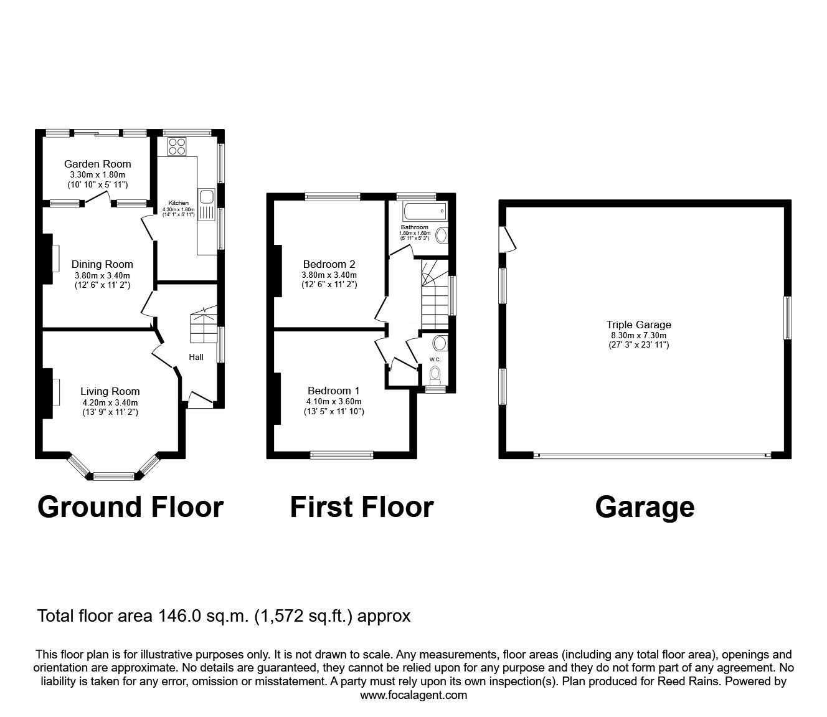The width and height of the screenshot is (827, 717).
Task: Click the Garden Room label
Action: click(x=98, y=164)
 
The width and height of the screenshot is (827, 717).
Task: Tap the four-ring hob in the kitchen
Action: click(x=177, y=146)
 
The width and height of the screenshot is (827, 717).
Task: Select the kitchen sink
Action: click(x=206, y=197)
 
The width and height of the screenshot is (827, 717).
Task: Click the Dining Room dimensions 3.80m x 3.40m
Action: click(x=102, y=275)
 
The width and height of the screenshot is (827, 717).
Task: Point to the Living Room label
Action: click(x=110, y=391)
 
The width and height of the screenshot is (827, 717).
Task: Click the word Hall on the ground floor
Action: click(x=196, y=357)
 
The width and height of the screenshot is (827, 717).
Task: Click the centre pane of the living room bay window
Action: click(x=113, y=477)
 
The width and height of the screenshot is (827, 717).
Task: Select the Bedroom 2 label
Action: click(x=329, y=263)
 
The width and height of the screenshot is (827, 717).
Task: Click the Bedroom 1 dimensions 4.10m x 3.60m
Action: click(x=334, y=401)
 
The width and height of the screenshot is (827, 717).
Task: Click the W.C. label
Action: click(x=435, y=359)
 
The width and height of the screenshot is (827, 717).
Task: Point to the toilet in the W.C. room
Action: click(x=435, y=374)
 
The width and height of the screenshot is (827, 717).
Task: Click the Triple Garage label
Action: click(x=639, y=324)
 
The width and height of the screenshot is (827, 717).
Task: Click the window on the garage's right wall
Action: click(x=788, y=318)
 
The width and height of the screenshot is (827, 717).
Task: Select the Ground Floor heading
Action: click(x=130, y=507)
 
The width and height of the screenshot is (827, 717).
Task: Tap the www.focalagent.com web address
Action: click(x=413, y=695)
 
